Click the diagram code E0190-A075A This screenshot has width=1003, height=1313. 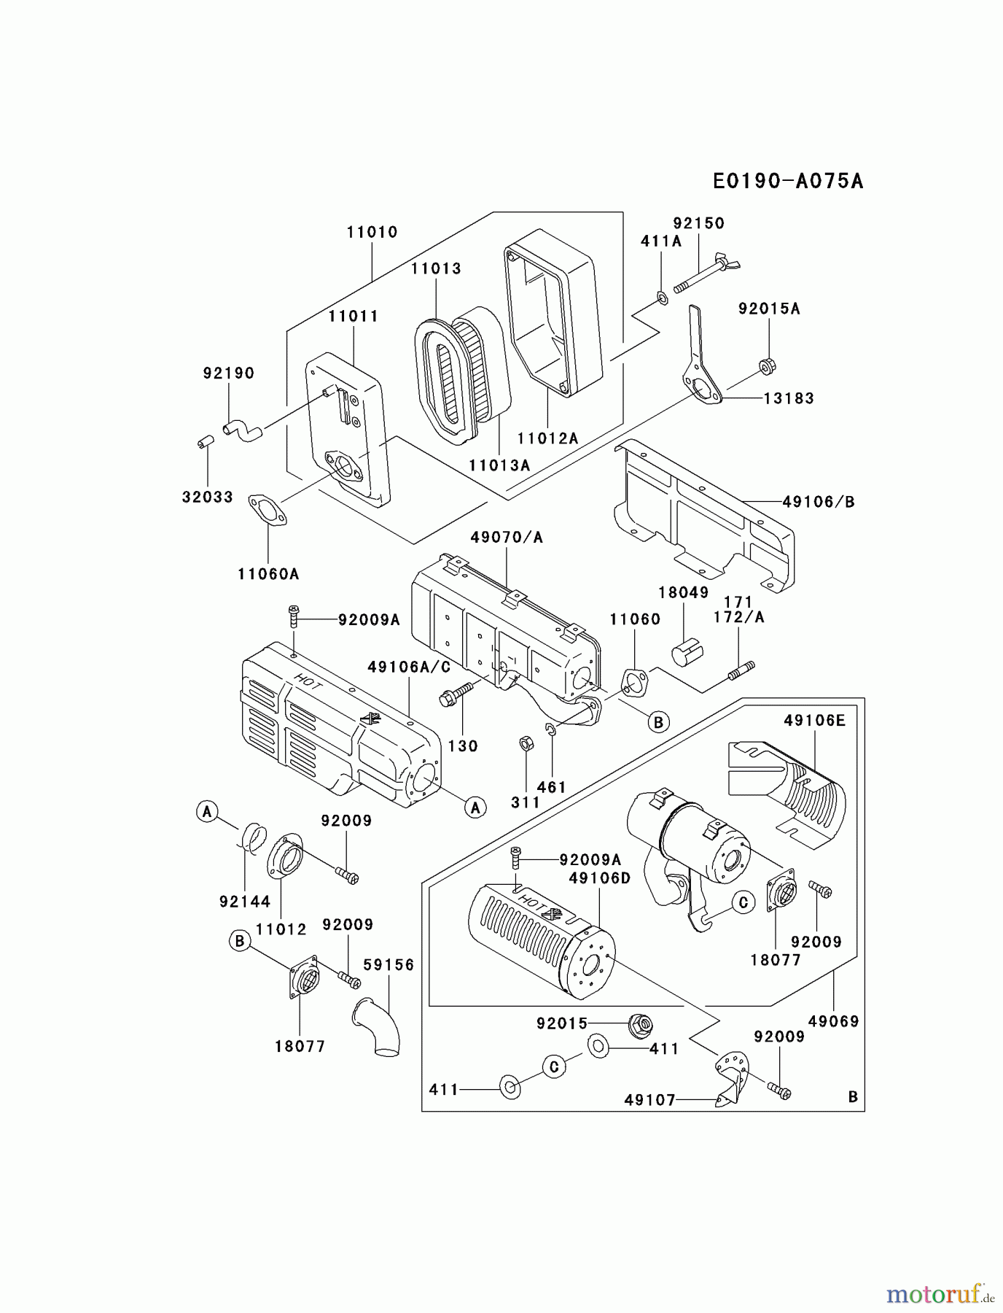[x=788, y=181]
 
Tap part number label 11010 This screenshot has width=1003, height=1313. [x=372, y=232]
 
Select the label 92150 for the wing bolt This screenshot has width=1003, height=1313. [x=698, y=223]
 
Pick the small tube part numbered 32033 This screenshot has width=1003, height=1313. [x=205, y=443]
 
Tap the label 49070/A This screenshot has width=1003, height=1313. [x=507, y=538]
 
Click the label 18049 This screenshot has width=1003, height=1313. [x=683, y=592]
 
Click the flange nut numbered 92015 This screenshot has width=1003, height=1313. [x=639, y=1026]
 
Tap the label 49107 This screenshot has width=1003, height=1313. [x=649, y=1099]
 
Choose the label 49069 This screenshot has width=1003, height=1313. [x=833, y=1021]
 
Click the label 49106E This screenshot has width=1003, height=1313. [x=814, y=721]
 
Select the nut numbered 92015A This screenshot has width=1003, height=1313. [x=766, y=365]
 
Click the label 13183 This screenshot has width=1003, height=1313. [x=789, y=398]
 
